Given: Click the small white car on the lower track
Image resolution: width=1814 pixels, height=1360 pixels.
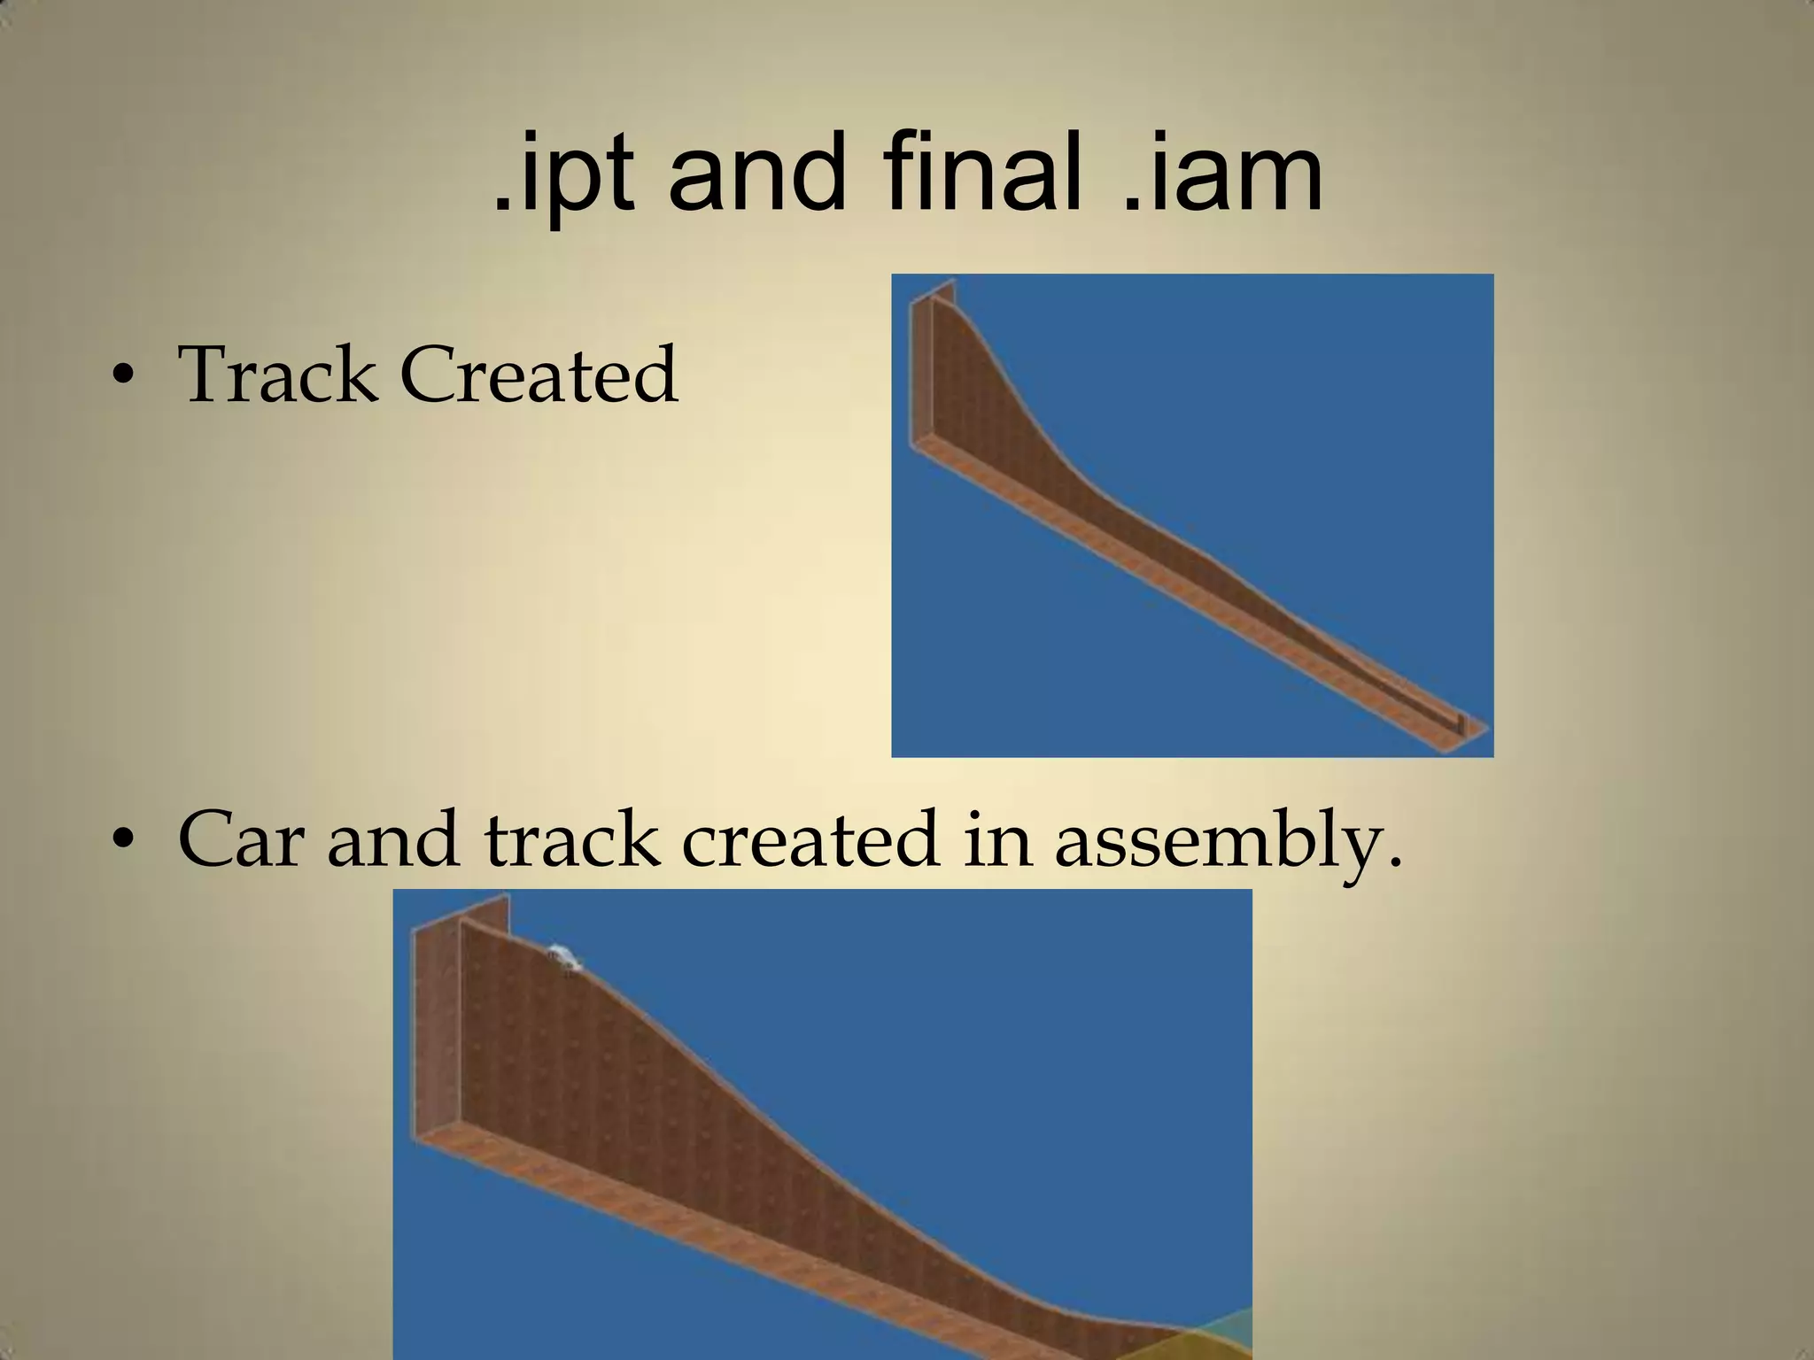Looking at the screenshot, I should point(563,959).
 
